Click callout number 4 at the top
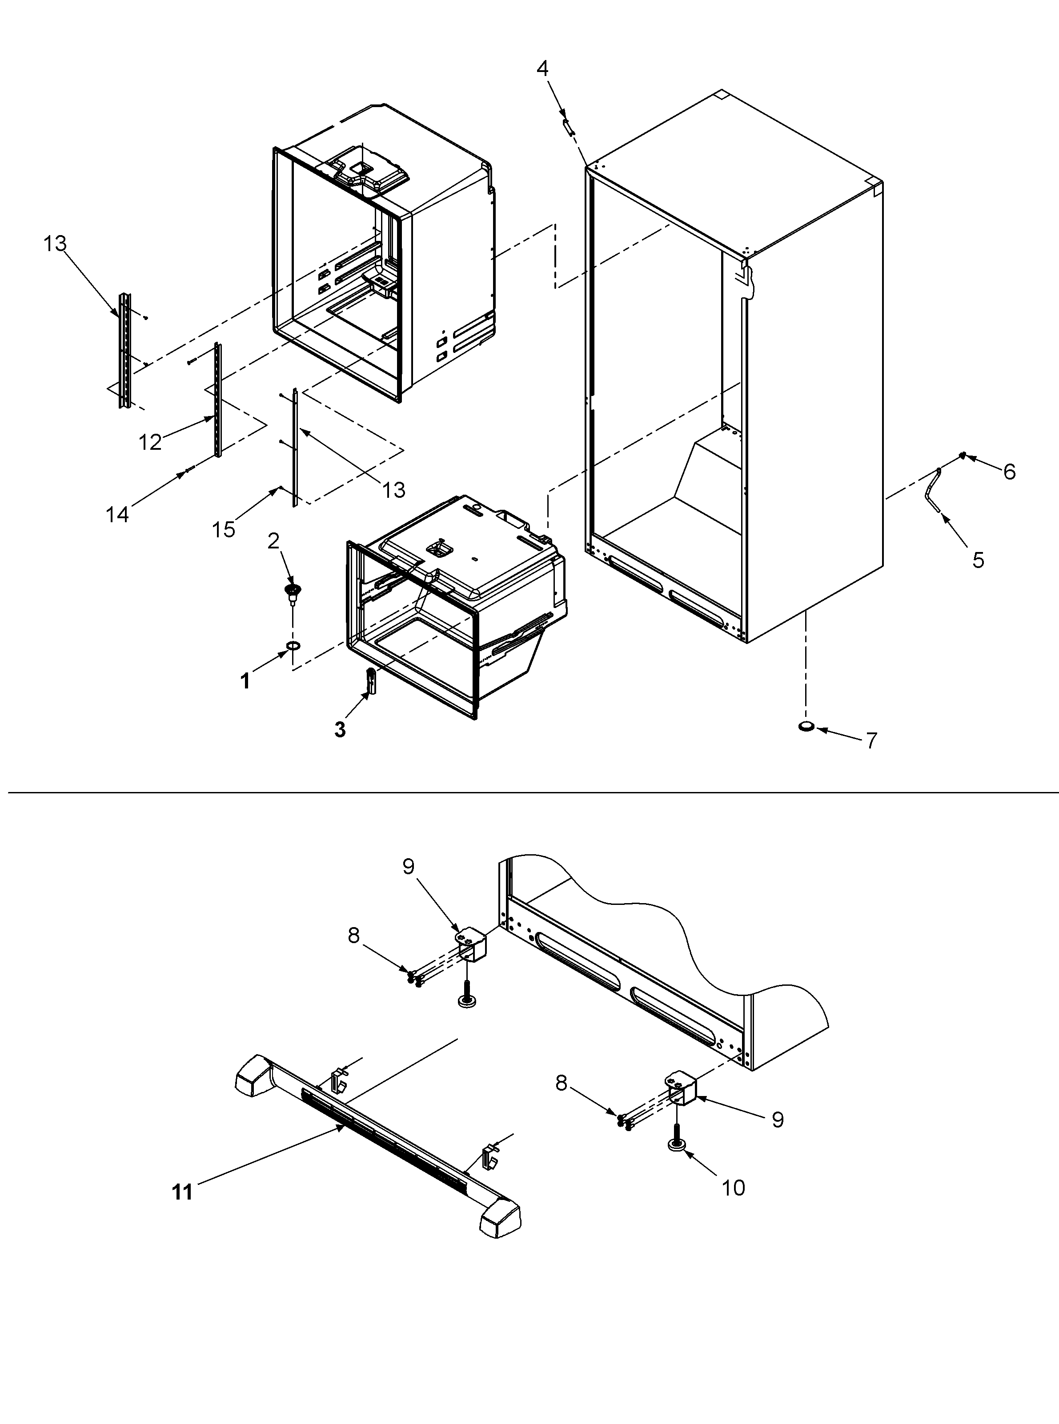point(542,68)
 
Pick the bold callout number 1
point(245,681)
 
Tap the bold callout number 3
point(340,729)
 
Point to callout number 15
point(224,529)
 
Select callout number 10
point(734,1188)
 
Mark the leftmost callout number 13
point(55,244)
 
